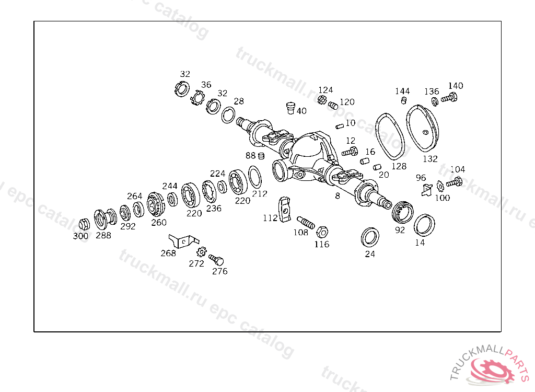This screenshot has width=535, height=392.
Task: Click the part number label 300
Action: click(80, 236)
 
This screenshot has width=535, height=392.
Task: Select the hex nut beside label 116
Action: click(322, 232)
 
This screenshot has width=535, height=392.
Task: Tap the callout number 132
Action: click(430, 159)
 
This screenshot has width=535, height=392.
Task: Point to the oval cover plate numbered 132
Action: click(422, 128)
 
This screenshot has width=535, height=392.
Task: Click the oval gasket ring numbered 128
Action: click(390, 136)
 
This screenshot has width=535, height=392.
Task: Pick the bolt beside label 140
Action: click(449, 98)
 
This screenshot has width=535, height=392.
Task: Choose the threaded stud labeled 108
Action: click(305, 222)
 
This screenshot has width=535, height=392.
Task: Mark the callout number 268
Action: click(168, 253)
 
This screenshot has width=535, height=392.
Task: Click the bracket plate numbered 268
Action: click(183, 240)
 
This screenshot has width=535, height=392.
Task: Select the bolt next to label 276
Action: click(216, 260)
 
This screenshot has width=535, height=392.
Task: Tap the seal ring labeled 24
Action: click(370, 237)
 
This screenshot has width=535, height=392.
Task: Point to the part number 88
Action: click(250, 156)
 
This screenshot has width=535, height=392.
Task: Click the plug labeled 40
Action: click(290, 108)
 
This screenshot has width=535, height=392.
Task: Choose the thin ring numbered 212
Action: click(255, 177)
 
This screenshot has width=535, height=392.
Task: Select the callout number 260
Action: click(159, 223)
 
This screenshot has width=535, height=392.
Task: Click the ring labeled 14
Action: click(424, 225)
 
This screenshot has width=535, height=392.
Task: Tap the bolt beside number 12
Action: click(350, 152)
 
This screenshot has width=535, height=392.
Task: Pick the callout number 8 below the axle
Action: click(338, 196)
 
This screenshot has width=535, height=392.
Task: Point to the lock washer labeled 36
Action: click(197, 98)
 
